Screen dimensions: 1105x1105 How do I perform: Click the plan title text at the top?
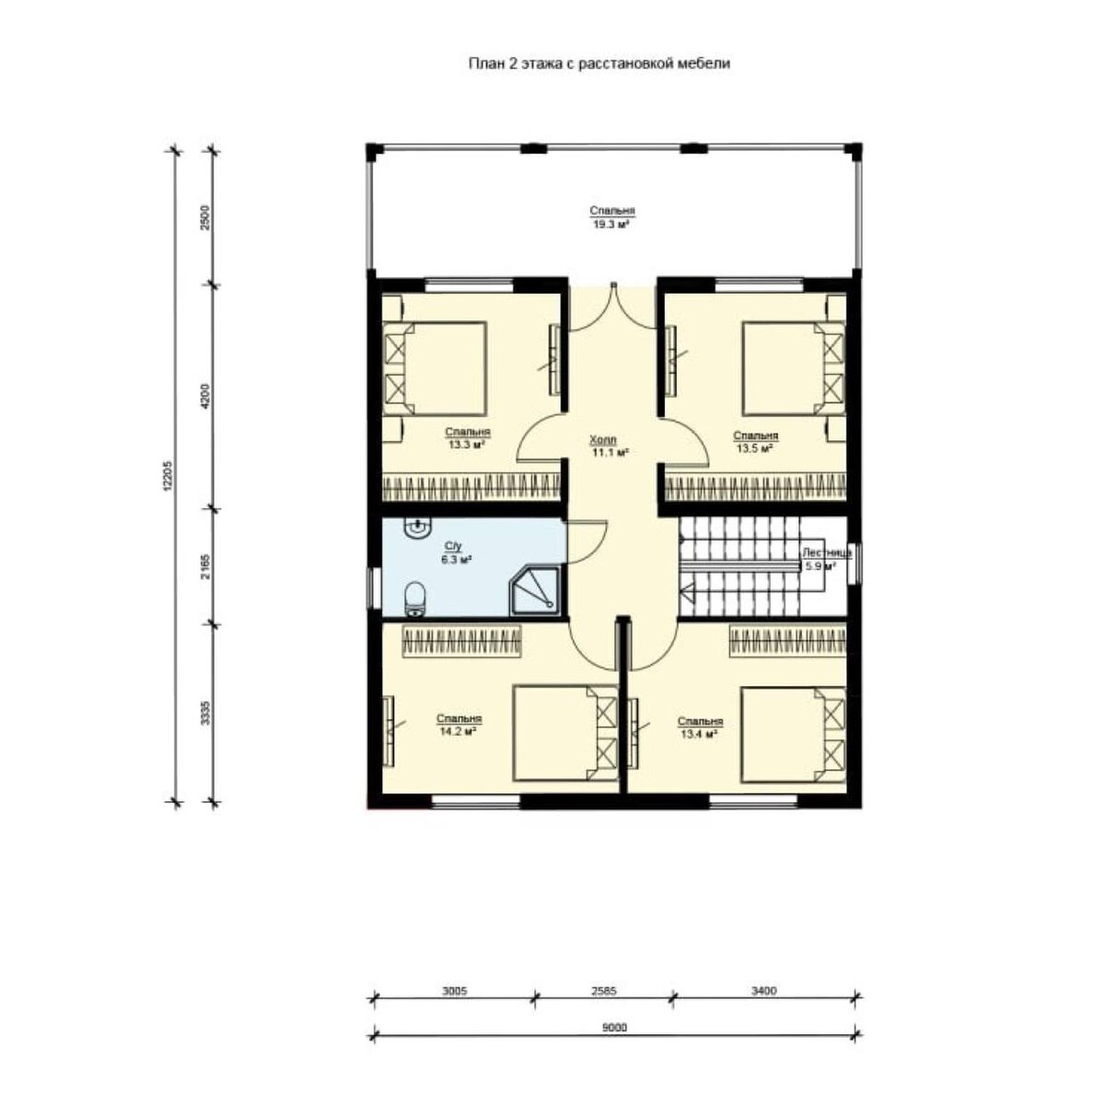(x=599, y=64)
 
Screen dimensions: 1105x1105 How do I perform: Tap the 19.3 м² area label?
(x=611, y=225)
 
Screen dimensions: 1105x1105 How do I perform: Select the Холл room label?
(x=603, y=440)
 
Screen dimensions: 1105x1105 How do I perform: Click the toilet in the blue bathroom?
(x=414, y=599)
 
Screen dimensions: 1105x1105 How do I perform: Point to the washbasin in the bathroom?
(x=417, y=528)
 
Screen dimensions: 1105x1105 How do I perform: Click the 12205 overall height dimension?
(x=167, y=476)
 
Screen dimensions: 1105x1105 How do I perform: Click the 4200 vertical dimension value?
(x=206, y=396)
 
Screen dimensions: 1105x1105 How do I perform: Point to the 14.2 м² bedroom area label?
(x=459, y=731)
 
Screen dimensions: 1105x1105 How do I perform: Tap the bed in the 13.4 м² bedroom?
(x=793, y=734)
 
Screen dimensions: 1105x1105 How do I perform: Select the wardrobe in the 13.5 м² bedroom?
(x=755, y=486)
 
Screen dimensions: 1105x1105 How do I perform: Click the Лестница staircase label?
(x=826, y=552)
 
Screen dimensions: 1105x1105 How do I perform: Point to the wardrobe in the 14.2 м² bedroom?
(x=462, y=641)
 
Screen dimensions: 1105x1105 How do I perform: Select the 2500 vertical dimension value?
(x=206, y=216)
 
